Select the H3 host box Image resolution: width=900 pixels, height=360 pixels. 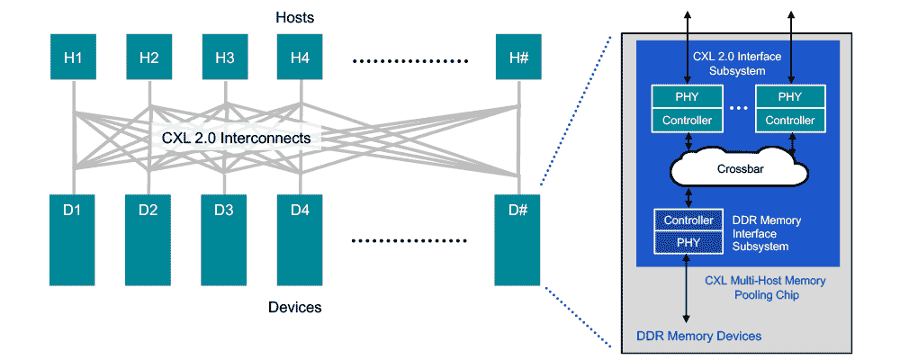225,58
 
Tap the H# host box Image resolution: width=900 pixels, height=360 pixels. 518,58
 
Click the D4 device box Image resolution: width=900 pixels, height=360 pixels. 301,238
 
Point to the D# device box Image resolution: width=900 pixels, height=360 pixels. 518,238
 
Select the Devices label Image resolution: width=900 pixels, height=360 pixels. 294,308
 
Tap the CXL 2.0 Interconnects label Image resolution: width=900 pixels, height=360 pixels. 237,138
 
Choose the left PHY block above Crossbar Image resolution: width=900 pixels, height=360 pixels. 688,97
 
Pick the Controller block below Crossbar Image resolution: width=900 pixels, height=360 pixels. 688,220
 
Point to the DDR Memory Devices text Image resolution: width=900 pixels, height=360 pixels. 698,336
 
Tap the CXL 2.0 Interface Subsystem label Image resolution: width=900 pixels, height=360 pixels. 736,63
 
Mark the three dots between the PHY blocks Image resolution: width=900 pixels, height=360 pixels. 738,109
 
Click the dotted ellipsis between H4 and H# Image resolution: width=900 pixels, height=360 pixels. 411,61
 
